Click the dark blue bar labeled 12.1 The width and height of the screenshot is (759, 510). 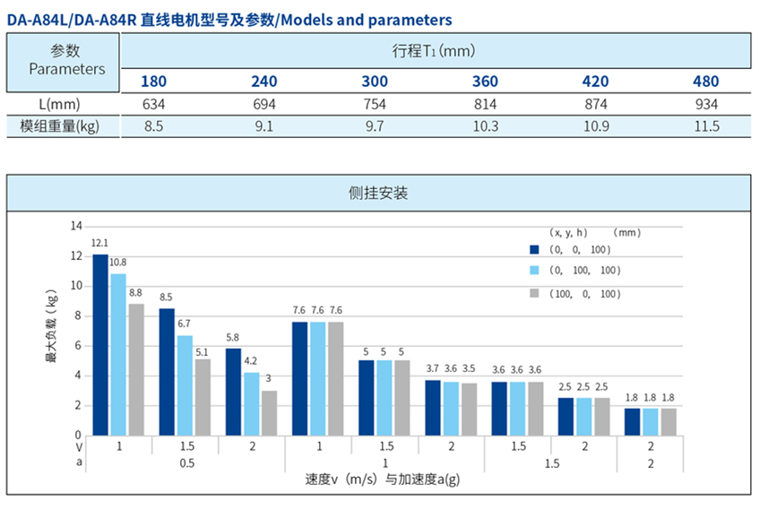point(99,345)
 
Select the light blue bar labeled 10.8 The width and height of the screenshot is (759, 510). point(118,354)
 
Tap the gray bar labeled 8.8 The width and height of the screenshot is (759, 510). point(136,369)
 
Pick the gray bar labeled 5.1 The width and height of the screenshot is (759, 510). point(203,397)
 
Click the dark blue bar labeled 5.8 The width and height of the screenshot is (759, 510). point(233,392)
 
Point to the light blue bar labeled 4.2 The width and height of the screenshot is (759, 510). point(251,403)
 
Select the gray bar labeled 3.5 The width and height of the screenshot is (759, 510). point(469,409)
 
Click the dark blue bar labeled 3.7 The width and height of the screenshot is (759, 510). point(433,408)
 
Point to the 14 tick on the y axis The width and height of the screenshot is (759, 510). point(76,226)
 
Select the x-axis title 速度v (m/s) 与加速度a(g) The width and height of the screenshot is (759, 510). point(384,480)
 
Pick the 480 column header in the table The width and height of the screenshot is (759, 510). point(705,82)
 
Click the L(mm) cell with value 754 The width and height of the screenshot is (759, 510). point(375,104)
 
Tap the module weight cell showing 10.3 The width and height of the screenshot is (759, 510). point(485,126)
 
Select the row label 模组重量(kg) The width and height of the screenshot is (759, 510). point(59,126)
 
